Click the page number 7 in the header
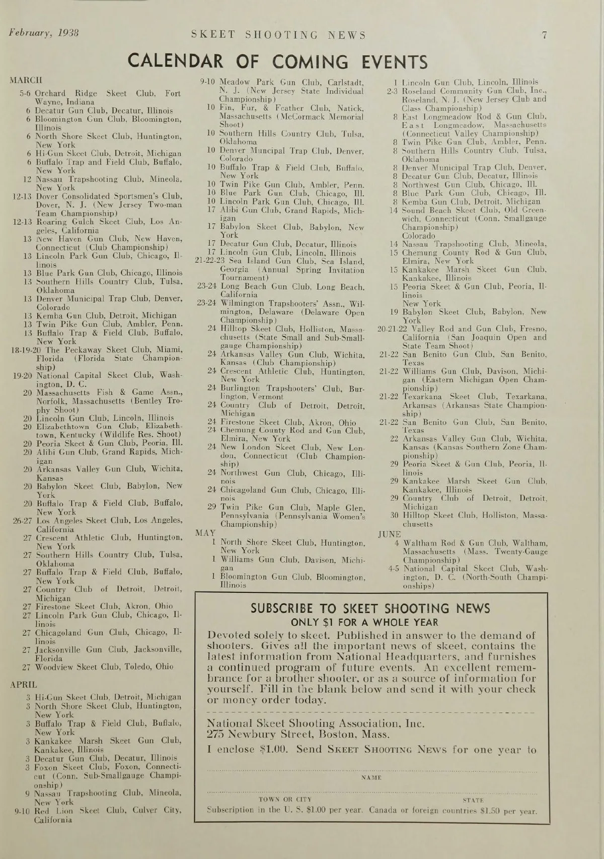coord(544,35)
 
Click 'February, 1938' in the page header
coord(44,34)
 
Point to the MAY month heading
coord(205,533)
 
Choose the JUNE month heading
coord(389,534)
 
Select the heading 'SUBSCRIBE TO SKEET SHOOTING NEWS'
coord(370,608)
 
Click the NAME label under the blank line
coord(371,777)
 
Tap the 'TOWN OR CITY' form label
coord(285,799)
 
